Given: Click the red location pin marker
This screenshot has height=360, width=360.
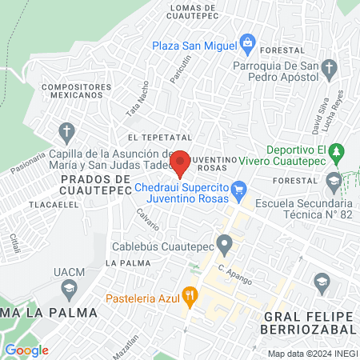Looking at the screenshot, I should pyautogui.click(x=180, y=162).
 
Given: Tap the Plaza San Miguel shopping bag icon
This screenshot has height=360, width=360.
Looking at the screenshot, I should pyautogui.click(x=248, y=42).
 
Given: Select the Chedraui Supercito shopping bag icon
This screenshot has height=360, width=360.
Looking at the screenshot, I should pyautogui.click(x=238, y=189).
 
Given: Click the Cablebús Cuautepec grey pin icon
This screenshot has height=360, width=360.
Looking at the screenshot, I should pyautogui.click(x=226, y=242).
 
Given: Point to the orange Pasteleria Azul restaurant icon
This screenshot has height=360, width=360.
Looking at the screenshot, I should pyautogui.click(x=190, y=294).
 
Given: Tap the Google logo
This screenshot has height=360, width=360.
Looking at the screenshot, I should pyautogui.click(x=26, y=350).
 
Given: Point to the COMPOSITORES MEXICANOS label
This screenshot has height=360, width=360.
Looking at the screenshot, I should pyautogui.click(x=70, y=90).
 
